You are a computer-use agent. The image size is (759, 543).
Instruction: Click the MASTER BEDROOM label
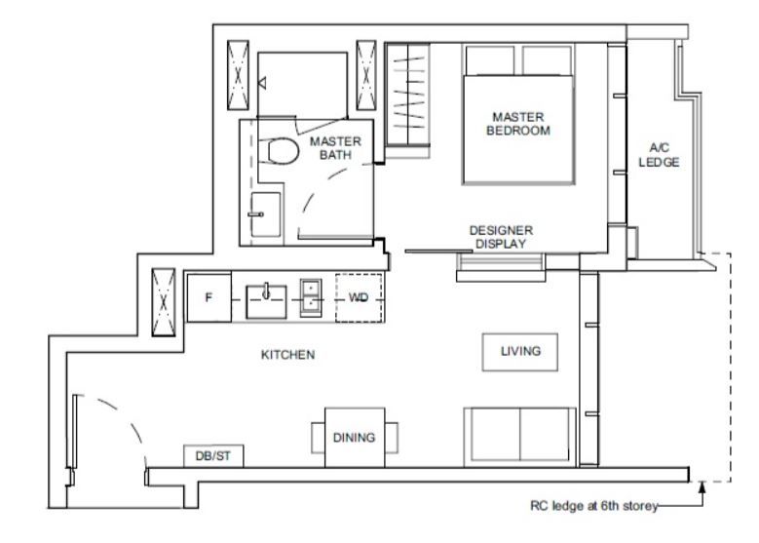pos(518,124)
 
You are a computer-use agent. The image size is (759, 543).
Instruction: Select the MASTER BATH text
pos(335,148)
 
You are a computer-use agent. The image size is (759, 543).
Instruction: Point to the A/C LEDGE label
pos(659,155)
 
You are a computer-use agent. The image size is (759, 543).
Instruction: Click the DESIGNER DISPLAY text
pos(501,237)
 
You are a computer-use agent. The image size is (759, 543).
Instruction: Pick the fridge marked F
pos(209,298)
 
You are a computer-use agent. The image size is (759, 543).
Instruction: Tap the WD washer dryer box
pos(359,298)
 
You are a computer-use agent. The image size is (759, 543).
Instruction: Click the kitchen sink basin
pos(266,302)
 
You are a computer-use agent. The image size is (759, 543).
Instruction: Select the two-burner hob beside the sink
pos(311,297)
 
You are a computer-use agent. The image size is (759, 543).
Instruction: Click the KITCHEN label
pos(288,355)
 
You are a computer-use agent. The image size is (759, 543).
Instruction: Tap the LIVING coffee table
pos(520,352)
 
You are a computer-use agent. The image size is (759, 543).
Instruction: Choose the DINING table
pos(355,438)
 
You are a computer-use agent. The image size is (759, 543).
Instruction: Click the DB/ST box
pos(213,456)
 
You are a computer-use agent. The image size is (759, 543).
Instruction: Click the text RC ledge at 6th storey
pos(594,506)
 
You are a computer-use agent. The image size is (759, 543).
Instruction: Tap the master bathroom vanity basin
pos(265,214)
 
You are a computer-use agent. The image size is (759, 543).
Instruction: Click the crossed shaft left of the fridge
pos(164,302)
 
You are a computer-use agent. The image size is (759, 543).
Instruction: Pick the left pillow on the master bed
pos(490,60)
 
